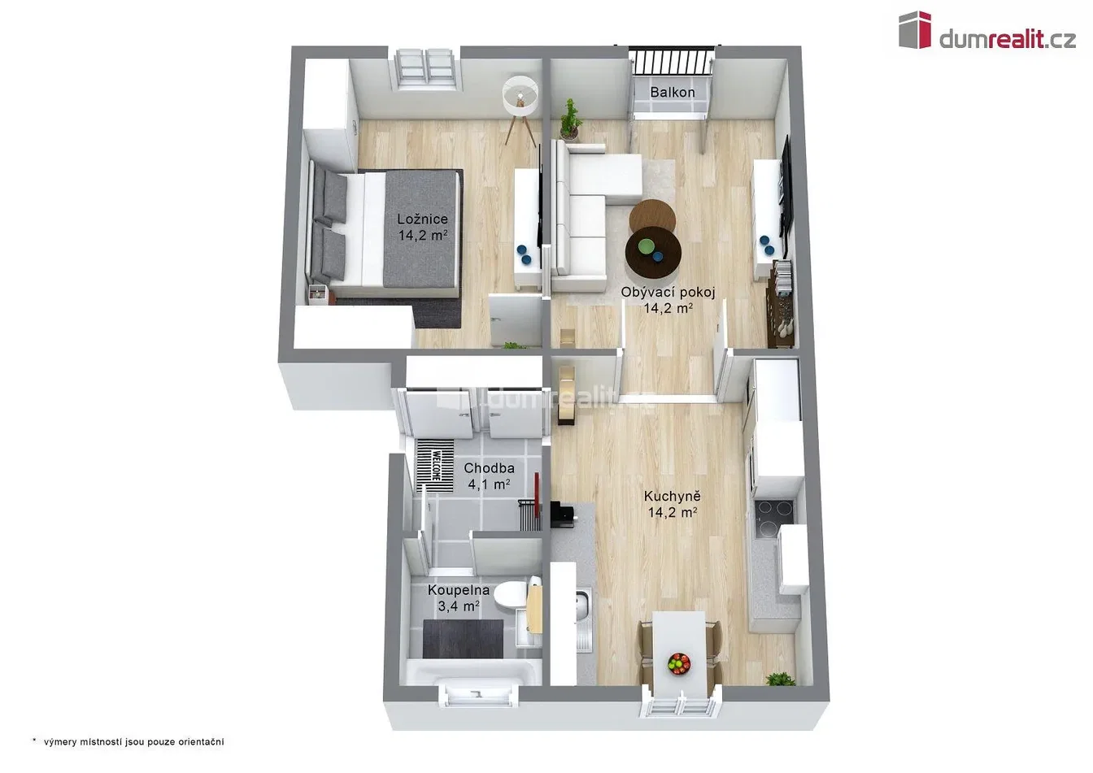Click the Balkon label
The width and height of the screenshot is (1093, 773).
673,92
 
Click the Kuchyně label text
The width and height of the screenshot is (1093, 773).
673,497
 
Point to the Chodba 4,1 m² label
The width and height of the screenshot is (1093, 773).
489,476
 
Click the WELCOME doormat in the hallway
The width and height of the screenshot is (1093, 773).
435,467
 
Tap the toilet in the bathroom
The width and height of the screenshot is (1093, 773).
511,595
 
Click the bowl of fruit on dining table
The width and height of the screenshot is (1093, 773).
679,663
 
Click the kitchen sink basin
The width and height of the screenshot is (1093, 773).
583,605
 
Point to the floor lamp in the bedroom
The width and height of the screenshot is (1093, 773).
520,110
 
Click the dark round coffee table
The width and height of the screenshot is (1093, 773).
653,253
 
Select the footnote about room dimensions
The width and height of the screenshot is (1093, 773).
128,742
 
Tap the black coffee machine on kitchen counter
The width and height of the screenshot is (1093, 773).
563,514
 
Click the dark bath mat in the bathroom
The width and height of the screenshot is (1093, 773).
463,639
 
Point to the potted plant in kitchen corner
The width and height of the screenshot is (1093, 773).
780,680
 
